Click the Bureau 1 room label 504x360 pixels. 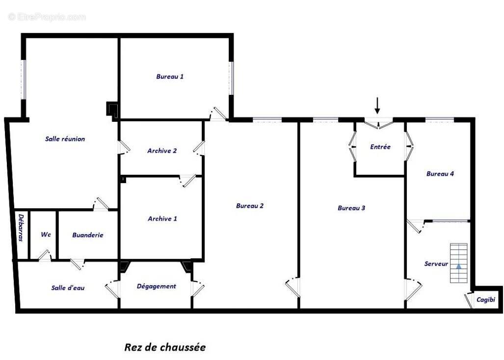pos(170,77)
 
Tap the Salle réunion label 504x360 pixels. pos(65,139)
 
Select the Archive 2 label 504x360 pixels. pos(162,151)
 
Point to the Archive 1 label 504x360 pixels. pos(162,219)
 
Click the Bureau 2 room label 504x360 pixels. pos(250,206)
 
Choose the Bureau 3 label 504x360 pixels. pos(351,208)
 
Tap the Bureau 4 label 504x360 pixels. pos(440,174)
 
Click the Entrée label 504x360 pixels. pos(380,147)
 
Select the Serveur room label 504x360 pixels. pos(436,264)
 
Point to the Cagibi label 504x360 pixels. pos(486,300)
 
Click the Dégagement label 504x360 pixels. pos(157,286)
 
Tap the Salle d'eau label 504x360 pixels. pos(68,288)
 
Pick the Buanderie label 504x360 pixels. pos(88,235)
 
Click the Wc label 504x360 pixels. pos(46,235)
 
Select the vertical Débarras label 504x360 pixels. pos(21,227)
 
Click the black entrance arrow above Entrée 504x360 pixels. pos(377,106)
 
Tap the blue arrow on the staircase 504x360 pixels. pos(459,266)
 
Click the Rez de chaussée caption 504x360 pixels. pos(165,347)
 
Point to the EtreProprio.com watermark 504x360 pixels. pos(47,17)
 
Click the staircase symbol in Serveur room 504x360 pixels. pos(459,263)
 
